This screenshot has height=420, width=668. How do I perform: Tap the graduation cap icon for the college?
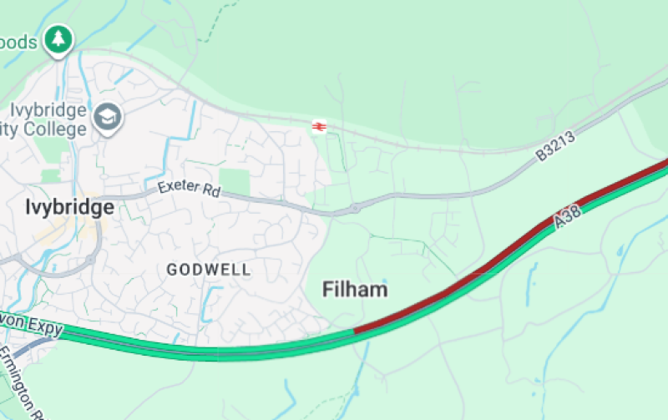click(108, 119)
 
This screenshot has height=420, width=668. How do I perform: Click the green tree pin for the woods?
click(58, 39)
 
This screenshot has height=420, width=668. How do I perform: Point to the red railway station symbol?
click(318, 126)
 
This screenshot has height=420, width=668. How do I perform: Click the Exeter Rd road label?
click(188, 189)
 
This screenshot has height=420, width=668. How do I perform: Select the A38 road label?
click(567, 218)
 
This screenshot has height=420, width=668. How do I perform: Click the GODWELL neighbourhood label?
click(208, 270)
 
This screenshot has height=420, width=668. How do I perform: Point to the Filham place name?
click(356, 290)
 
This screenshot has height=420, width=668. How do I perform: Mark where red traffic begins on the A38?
click(356, 331)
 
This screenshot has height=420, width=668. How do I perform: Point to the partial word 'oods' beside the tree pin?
click(21, 42)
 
